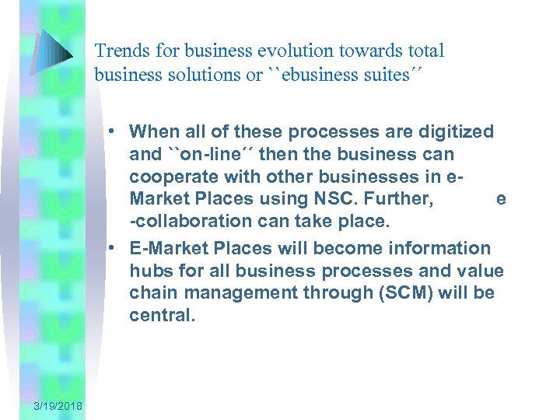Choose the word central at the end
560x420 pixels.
(161, 315)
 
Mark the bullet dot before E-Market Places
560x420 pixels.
(113, 248)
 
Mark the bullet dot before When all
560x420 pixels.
(113, 131)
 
